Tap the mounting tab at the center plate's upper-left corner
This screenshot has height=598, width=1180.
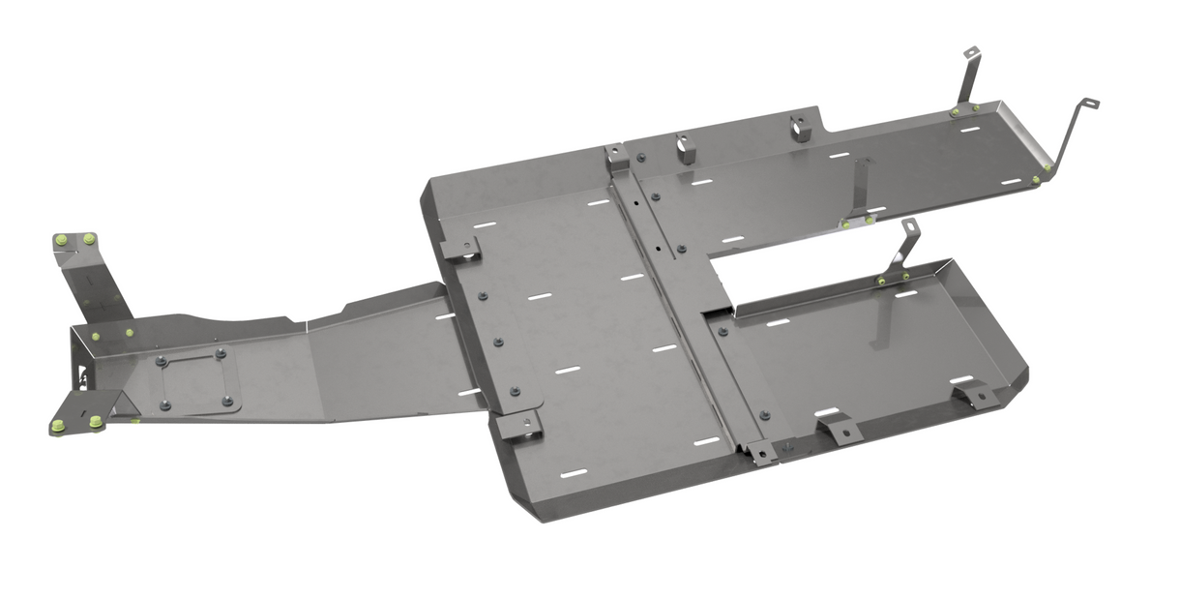tap(462, 248)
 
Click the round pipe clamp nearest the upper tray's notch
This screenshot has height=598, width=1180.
tap(801, 128)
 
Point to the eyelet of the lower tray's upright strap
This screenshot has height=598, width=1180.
tap(908, 225)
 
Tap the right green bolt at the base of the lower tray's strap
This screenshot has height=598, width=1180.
tap(905, 277)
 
